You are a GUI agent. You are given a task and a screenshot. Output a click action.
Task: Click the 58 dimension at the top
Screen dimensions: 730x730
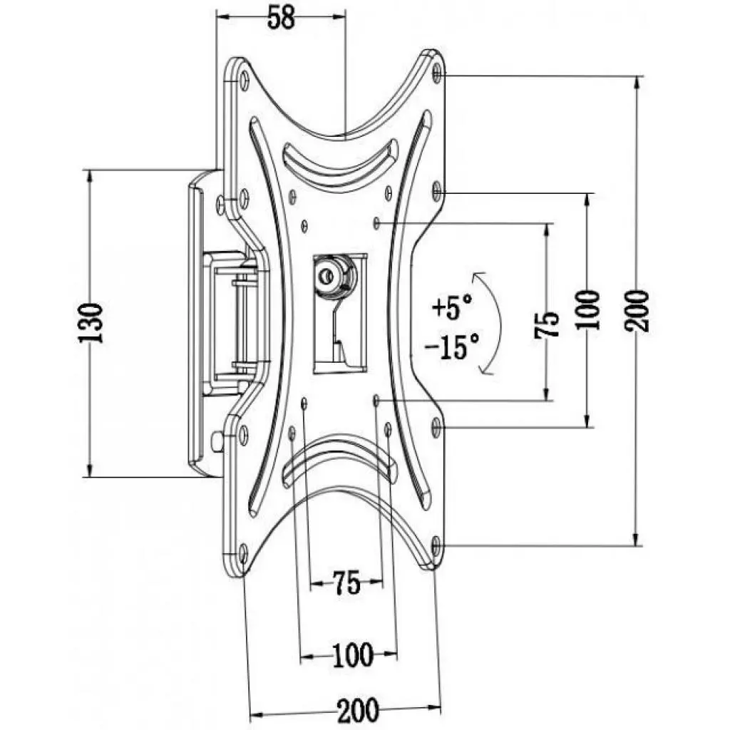[280, 19]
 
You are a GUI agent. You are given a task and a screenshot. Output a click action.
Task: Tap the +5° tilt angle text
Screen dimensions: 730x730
[451, 309]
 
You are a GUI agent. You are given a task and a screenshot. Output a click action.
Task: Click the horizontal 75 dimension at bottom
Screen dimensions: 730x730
[346, 585]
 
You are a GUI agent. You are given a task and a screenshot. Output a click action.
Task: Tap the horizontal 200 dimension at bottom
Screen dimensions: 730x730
[347, 711]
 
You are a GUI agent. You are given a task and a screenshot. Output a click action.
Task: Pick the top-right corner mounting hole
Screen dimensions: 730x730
[436, 71]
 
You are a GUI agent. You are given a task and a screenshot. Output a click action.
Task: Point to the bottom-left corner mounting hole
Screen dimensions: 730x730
[244, 550]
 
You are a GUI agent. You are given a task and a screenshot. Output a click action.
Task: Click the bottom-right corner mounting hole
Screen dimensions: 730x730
[436, 547]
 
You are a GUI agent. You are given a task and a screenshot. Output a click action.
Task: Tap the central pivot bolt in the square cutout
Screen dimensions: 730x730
[329, 274]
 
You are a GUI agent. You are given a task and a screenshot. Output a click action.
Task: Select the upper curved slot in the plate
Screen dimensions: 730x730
[340, 160]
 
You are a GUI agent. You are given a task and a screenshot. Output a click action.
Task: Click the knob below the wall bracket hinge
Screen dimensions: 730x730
[217, 443]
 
